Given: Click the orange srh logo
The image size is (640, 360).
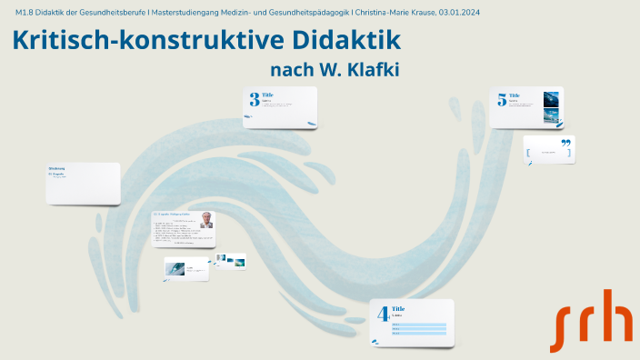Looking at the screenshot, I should tap(591, 320).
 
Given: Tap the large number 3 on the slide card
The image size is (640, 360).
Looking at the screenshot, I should tap(255, 100).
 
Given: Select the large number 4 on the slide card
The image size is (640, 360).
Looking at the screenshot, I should tap(384, 315).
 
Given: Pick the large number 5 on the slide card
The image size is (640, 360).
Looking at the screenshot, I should tap(501, 100).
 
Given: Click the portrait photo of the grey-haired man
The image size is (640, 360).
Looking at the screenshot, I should tap(206, 219).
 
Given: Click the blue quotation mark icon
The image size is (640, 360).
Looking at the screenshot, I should tap(565, 143).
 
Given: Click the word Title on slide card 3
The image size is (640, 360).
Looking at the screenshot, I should tap(267, 95).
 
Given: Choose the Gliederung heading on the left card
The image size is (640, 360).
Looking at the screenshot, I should tap(56, 168).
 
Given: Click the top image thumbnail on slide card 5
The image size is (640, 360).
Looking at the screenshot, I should tap(551, 97).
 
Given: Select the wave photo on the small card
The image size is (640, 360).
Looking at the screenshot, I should tap(175, 267).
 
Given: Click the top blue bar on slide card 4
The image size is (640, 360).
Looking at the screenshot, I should tap(418, 324).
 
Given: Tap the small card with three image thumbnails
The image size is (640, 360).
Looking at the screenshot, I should tap(230, 261).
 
